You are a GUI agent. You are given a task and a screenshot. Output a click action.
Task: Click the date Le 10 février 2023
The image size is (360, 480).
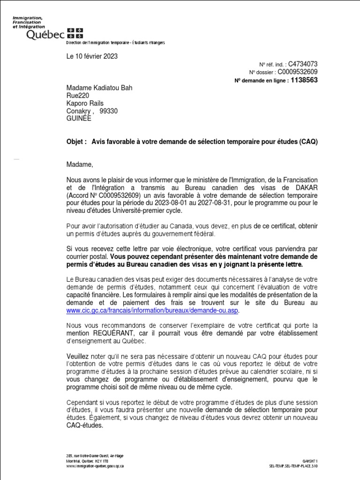coord(91,57)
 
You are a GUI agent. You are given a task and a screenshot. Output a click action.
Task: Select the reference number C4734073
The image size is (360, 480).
coord(303,64)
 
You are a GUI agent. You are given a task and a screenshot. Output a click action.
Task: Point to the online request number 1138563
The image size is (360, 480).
coord(304,80)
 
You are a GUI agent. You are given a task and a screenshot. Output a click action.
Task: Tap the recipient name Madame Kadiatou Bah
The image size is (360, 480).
coord(96,88)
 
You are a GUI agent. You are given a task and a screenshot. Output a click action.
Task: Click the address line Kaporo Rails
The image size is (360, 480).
coord(85,103)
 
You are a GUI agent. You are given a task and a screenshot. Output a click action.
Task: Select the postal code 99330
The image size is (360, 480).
coord(109,111)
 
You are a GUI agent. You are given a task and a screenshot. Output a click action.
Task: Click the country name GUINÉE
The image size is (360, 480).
coord(79,119)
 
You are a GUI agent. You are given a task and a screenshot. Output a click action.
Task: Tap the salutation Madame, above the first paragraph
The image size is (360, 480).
coord(79,165)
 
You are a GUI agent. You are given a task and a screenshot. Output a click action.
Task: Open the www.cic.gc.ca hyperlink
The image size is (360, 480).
coord(152,310)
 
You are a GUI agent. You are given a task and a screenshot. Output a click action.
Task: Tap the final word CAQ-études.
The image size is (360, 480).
coord(84,426)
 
